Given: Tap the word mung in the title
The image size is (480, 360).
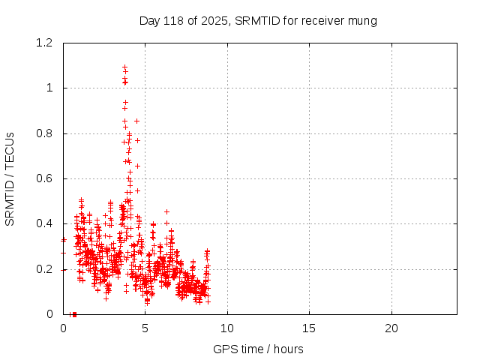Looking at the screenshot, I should pos(361,20).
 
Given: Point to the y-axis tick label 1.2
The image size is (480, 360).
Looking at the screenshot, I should pos(44,43).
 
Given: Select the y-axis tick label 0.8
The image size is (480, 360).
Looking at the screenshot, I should pos(44,133).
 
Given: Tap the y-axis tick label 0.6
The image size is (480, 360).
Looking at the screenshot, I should pos(44,178).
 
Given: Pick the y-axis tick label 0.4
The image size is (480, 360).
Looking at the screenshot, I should pos(44,223).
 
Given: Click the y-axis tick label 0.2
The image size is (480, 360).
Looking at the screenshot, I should pos(44,269).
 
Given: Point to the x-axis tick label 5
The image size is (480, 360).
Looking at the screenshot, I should pos(145,328).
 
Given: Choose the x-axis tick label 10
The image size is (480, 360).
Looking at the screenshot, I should pos(227,328).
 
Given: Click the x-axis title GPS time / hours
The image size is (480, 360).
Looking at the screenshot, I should pos(258,349).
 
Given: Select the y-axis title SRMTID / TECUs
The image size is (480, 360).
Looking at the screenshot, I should pos(10,179).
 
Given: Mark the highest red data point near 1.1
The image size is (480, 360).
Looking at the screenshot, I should pos(124,67).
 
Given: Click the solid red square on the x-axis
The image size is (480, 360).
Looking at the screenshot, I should pos(74,314).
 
